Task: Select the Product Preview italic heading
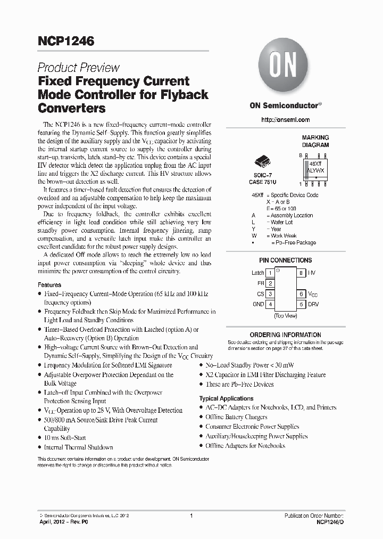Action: tap(78, 68)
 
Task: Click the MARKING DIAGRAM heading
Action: tap(315, 141)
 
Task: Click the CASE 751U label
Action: tap(263, 182)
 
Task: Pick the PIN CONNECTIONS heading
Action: tap(285, 260)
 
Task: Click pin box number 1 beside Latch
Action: tap(270, 273)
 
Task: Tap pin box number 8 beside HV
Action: tap(301, 273)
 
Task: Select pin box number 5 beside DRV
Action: tap(301, 304)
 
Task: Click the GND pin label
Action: tap(259, 304)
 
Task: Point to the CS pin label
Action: tap(261, 294)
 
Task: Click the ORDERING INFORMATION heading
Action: tap(285, 335)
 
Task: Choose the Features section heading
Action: tap(49, 285)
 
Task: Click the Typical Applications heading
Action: tap(226, 398)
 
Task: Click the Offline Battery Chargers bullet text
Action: tap(236, 417)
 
